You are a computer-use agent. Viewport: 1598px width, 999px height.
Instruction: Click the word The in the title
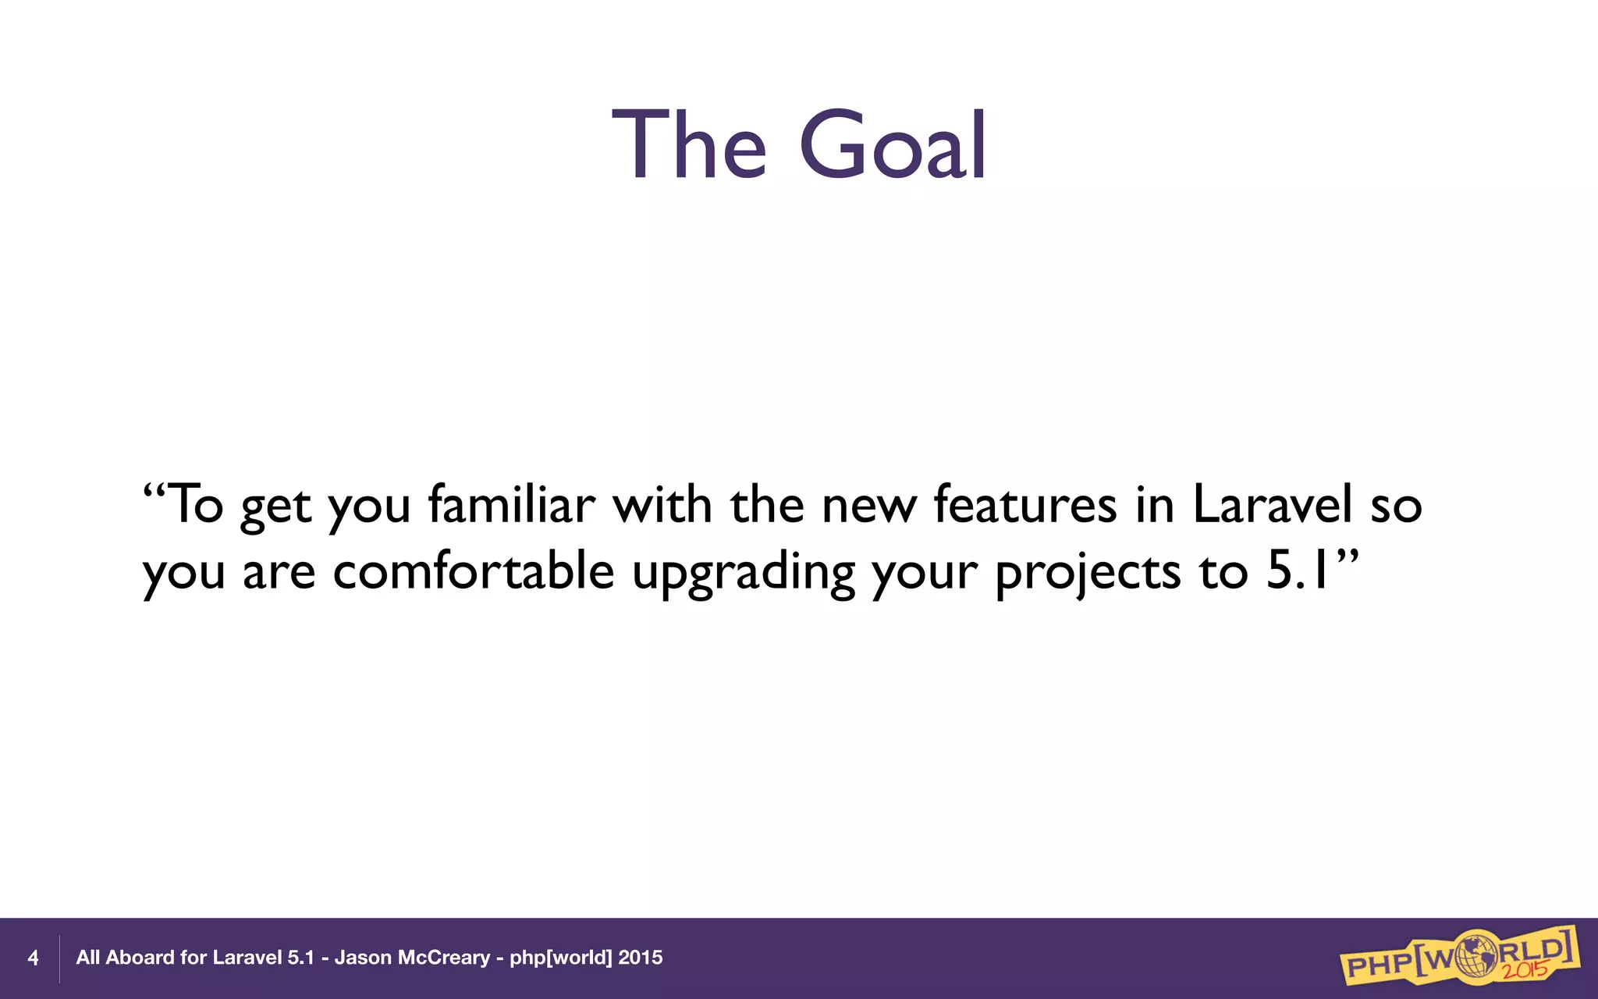click(x=688, y=145)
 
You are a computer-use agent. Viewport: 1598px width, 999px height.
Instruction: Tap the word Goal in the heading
click(x=893, y=145)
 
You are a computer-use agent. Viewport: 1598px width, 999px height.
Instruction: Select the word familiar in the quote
click(x=512, y=504)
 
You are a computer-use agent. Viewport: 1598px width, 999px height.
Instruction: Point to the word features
click(x=1025, y=504)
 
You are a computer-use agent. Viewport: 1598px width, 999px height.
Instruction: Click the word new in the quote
click(x=868, y=506)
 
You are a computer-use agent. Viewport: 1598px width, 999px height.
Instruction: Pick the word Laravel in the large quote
click(x=1272, y=504)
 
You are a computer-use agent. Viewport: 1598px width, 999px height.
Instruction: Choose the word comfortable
click(x=474, y=571)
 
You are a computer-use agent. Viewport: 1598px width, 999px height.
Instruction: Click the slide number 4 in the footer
click(x=33, y=958)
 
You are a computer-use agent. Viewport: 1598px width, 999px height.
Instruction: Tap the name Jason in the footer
click(x=363, y=958)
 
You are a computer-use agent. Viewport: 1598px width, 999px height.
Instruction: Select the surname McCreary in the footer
click(x=444, y=958)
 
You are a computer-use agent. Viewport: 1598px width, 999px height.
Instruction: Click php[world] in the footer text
click(x=560, y=958)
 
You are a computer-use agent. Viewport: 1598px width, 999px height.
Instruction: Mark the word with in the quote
click(x=662, y=504)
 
